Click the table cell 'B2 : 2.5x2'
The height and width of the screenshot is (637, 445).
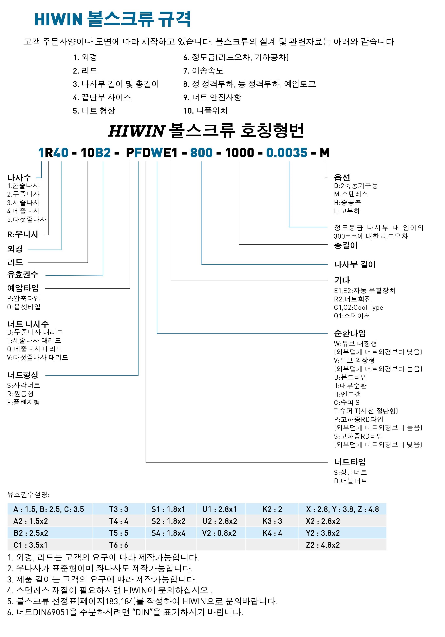pos(31,533)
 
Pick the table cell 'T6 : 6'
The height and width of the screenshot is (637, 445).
pos(118,545)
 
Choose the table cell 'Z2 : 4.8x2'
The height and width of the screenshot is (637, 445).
pos(323,545)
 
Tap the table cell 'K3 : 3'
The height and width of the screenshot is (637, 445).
pos(272,521)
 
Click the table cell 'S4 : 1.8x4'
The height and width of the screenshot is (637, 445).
pos(168,533)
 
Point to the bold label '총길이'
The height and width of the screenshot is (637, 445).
pos(345,245)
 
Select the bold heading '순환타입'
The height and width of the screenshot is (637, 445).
pos(350,333)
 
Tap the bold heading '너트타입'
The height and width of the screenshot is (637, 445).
pos(350,462)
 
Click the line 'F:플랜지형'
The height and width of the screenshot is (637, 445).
pos(24,402)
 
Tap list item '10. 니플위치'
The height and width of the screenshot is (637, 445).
pos(205,111)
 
